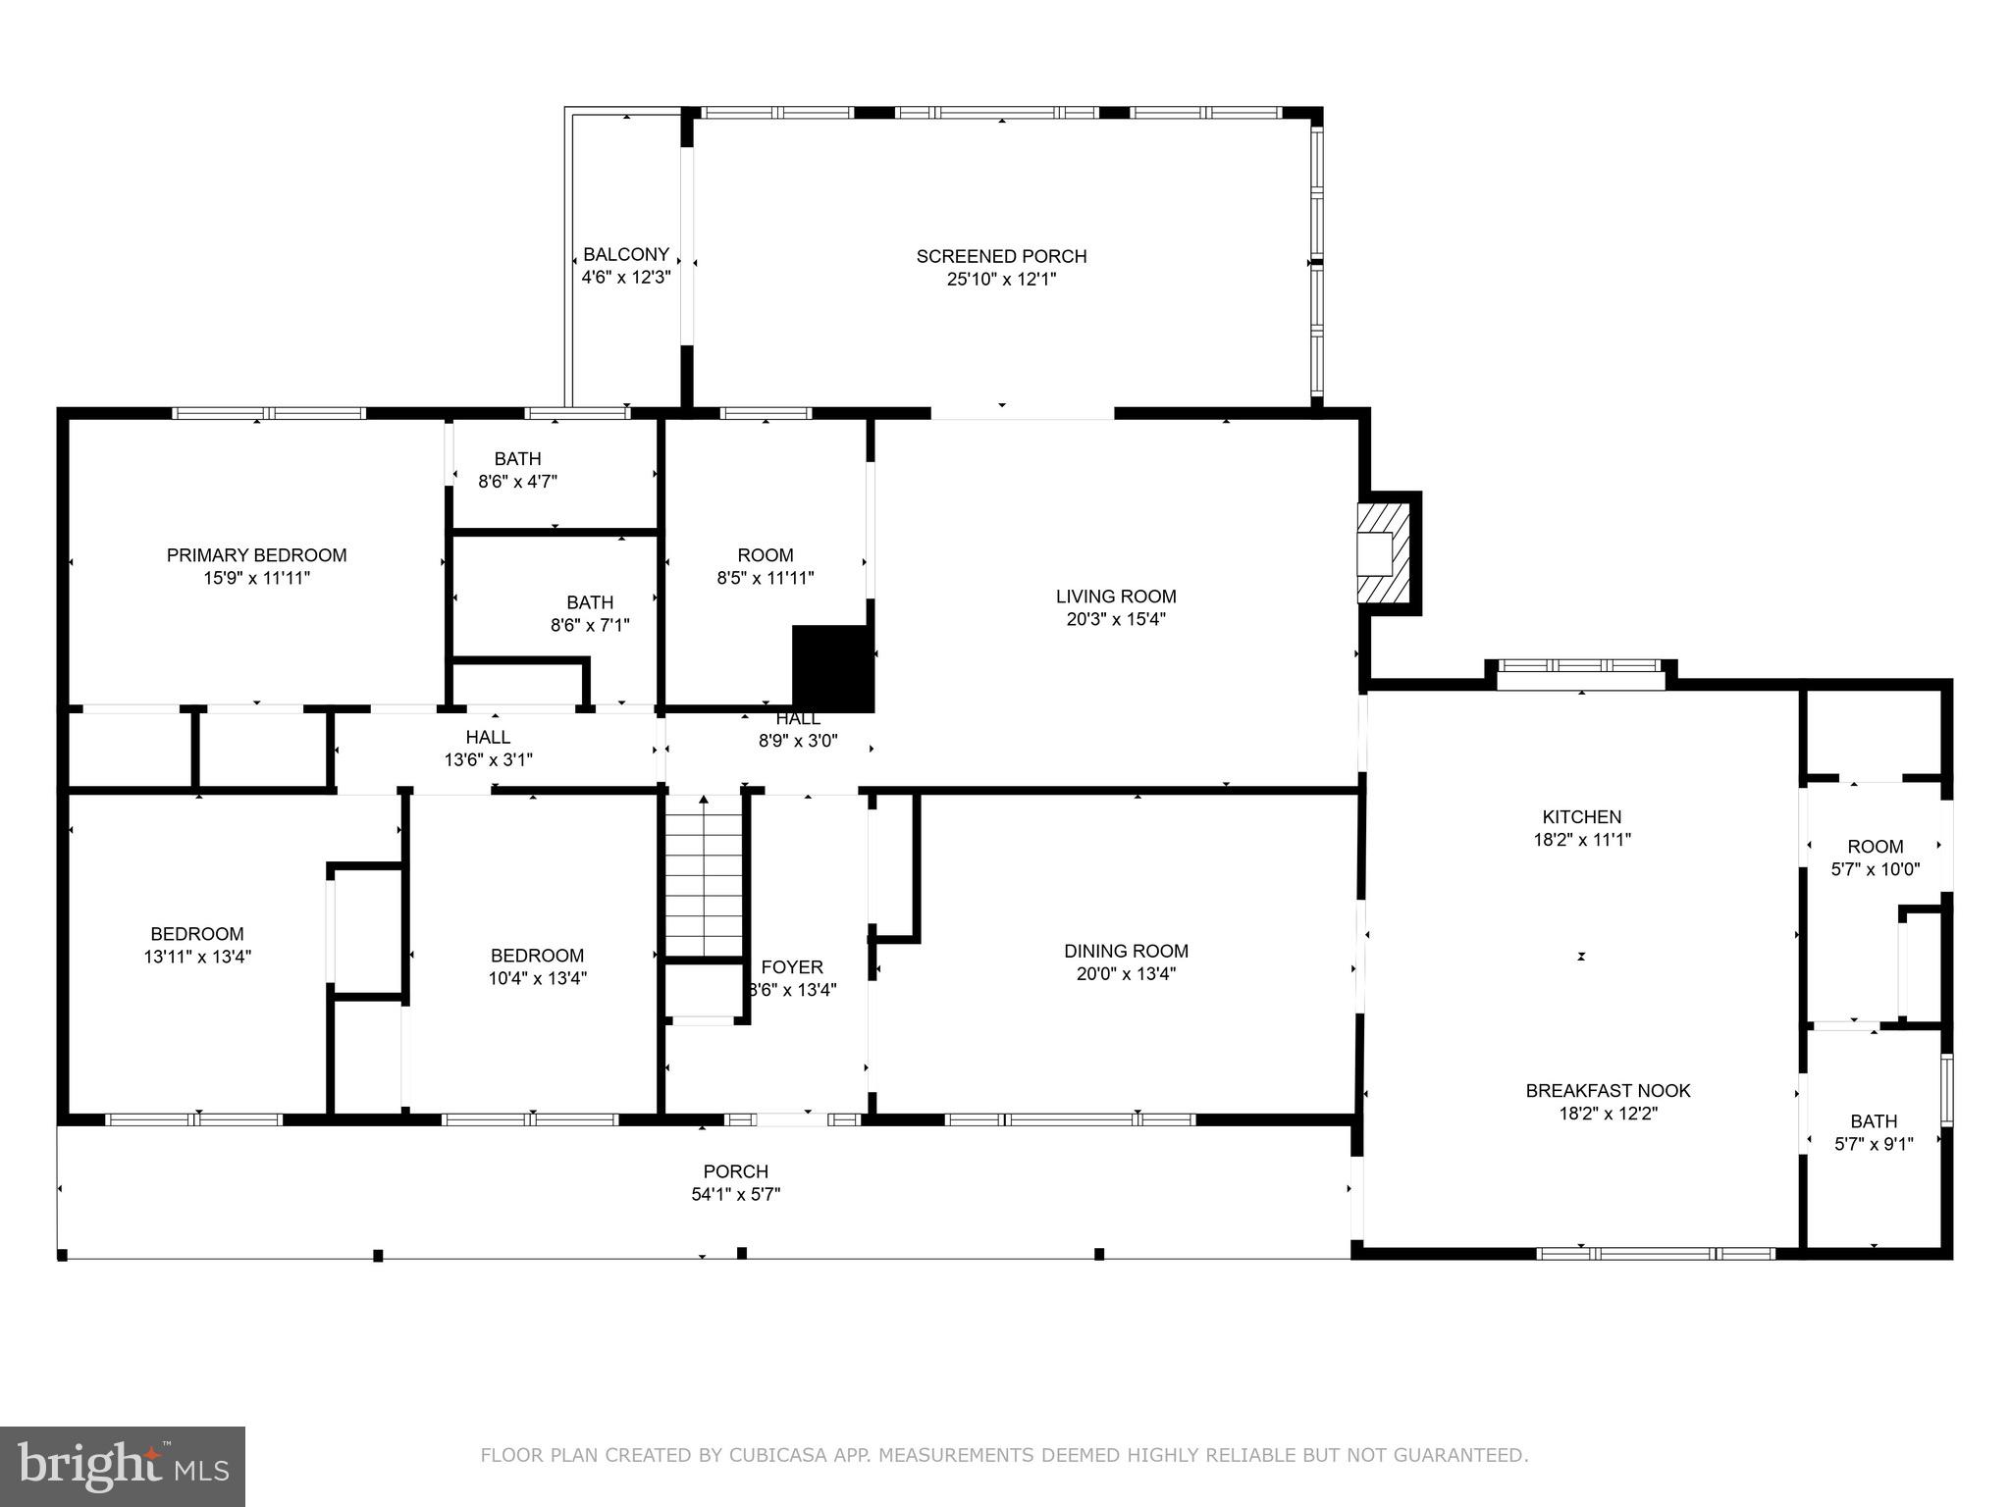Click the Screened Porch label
(x=1001, y=256)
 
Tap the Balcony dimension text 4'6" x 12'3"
(x=625, y=278)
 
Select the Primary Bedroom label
(x=256, y=555)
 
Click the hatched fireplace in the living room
(x=1384, y=553)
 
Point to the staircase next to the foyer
(x=704, y=878)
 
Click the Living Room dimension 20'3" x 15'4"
(x=1116, y=619)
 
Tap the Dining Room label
(x=1126, y=951)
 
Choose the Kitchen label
(x=1581, y=816)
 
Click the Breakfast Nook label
(x=1608, y=1090)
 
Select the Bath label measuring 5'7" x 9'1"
(x=1874, y=1120)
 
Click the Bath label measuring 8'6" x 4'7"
(x=517, y=458)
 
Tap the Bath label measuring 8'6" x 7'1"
(x=589, y=602)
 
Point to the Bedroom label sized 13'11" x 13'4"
(x=196, y=934)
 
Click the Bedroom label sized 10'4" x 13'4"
(x=537, y=955)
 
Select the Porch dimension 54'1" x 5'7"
(x=735, y=1194)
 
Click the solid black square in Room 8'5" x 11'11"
(x=832, y=668)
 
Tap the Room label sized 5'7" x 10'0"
(x=1875, y=846)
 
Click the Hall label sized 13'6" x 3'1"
(x=488, y=737)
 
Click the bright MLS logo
(x=123, y=1466)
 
